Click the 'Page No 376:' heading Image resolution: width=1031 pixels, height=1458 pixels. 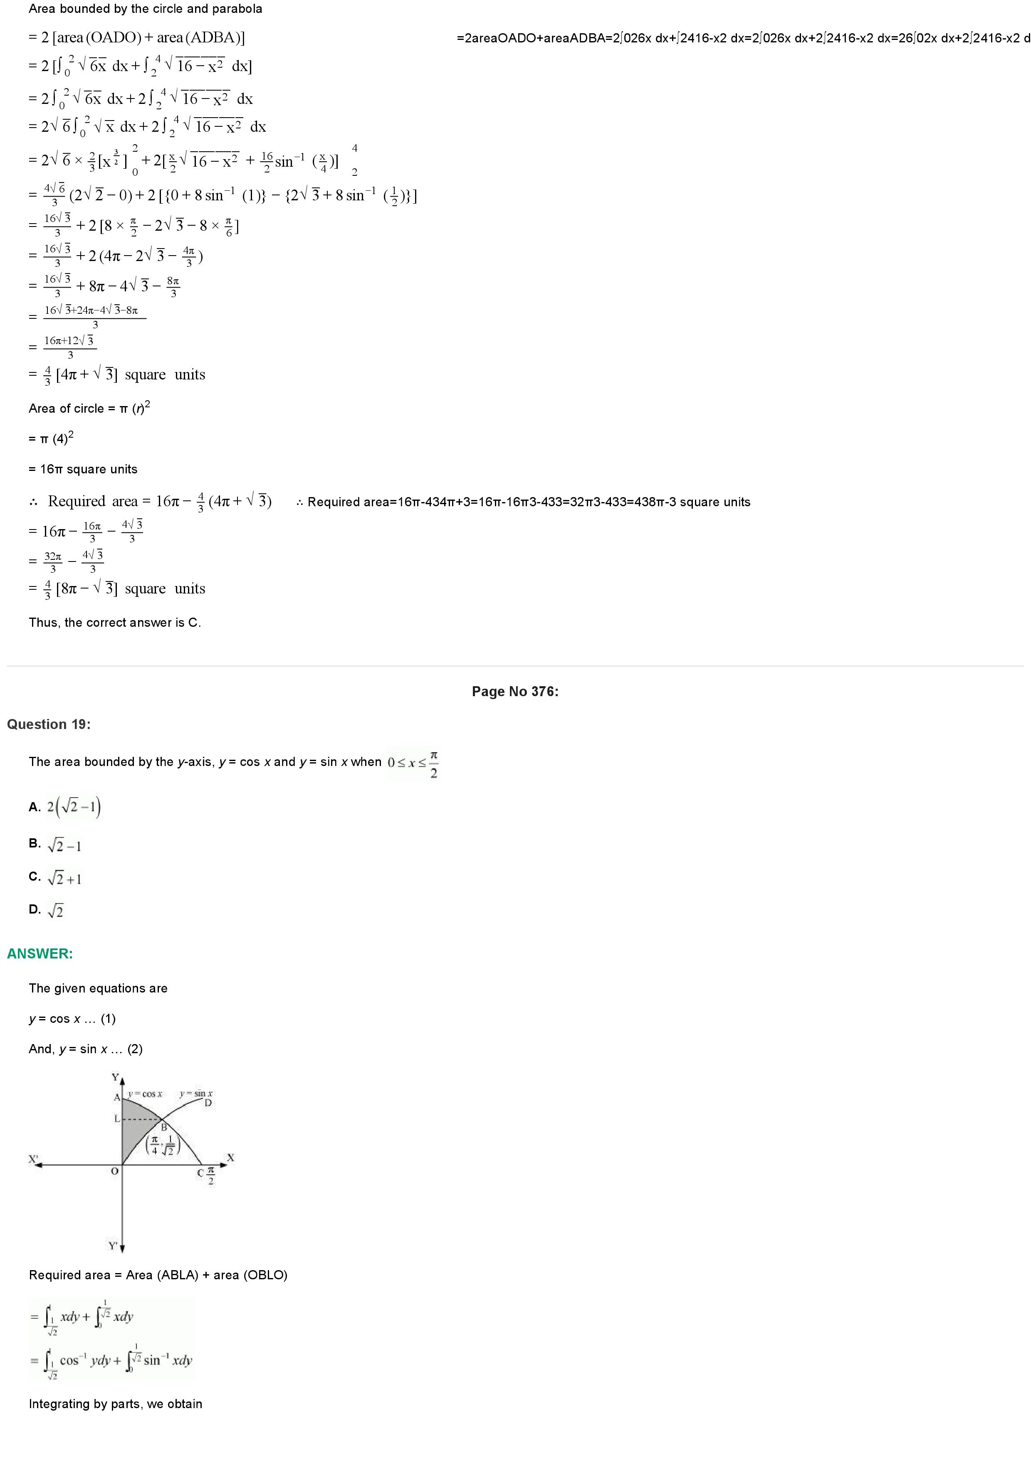(514, 692)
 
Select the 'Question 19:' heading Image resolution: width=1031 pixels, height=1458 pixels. (49, 724)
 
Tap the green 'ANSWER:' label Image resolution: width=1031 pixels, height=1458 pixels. (40, 954)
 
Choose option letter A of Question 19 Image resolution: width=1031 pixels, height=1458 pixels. (34, 807)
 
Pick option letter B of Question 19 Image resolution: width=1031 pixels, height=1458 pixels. (34, 844)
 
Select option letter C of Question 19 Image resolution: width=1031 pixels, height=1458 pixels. (34, 877)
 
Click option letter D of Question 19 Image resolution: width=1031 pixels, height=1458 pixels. (34, 909)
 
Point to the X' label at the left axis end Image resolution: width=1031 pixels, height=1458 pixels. (33, 1159)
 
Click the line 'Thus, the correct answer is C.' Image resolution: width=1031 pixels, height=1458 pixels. (115, 623)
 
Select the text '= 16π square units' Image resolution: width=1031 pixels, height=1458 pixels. (83, 469)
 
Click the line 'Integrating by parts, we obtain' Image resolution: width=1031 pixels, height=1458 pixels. (116, 1404)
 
